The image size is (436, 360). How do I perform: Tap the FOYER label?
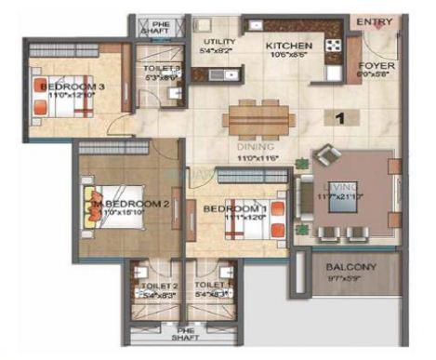coord(377,67)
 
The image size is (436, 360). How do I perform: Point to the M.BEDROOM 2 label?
coord(133,203)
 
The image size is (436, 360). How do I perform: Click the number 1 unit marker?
coord(341,117)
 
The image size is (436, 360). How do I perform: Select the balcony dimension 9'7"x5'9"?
coord(351,278)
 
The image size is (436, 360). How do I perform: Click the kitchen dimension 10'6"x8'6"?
coord(286,54)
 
